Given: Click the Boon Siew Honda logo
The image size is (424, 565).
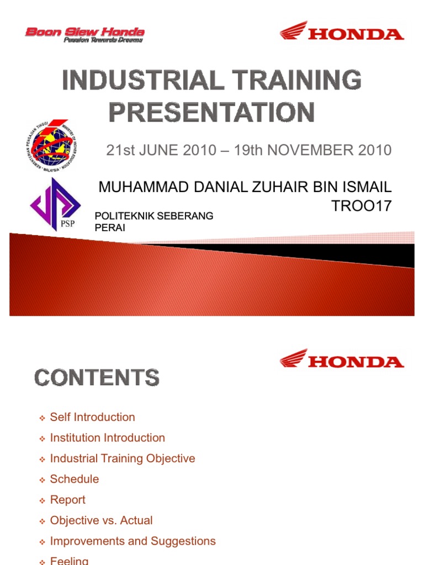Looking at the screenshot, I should [x=85, y=34].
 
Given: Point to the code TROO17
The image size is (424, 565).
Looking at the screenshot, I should [x=361, y=206].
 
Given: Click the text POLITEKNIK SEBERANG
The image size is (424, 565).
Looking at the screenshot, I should [x=154, y=216].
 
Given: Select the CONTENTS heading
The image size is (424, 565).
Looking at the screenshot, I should [x=97, y=378].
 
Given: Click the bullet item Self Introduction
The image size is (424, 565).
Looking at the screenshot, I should [x=92, y=417].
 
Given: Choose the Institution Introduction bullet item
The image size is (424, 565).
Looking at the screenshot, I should [x=107, y=438].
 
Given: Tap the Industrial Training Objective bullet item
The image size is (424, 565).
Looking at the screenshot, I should [x=122, y=459].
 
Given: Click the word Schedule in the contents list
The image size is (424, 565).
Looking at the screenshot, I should [x=75, y=479].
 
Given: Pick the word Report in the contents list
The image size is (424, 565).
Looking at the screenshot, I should [x=67, y=500].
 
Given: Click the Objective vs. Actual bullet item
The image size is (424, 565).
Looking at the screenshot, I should [x=101, y=520].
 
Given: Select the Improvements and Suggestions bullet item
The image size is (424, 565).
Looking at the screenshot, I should [x=132, y=541].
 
